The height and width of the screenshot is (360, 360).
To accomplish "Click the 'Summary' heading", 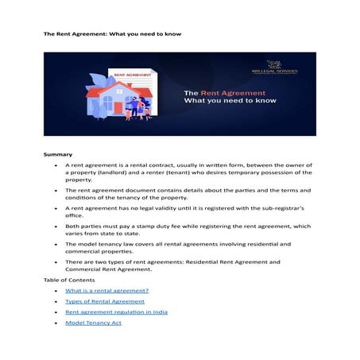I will pyautogui.click(x=58, y=153).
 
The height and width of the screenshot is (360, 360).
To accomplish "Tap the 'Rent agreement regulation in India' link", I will pyautogui.click(x=115, y=313).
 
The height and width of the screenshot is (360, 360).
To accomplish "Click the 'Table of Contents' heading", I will pyautogui.click(x=69, y=280).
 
